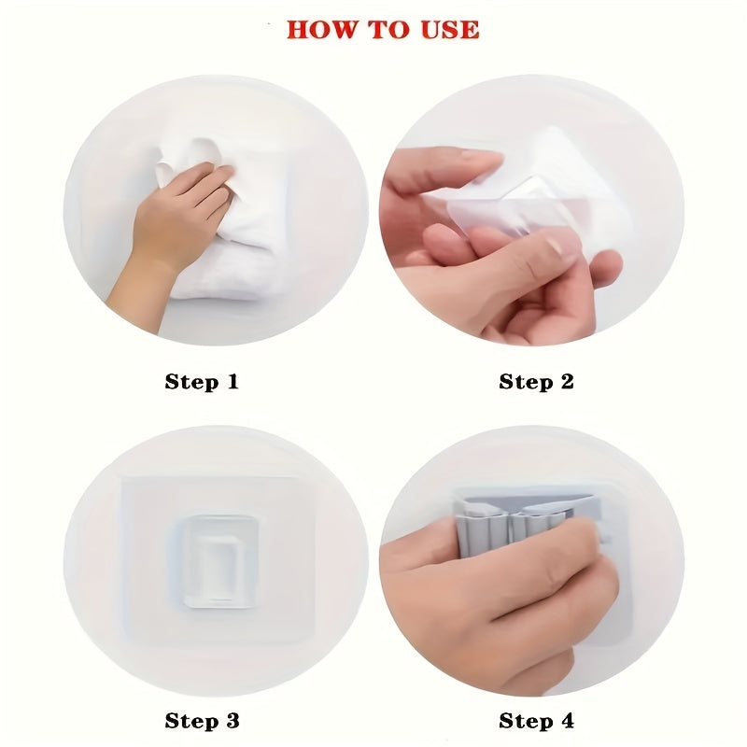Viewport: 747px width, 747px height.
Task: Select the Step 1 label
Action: point(202,381)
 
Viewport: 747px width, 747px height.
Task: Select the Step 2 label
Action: point(536,381)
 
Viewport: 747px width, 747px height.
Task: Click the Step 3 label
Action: point(202,720)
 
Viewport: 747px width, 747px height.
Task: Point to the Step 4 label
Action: point(536,720)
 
